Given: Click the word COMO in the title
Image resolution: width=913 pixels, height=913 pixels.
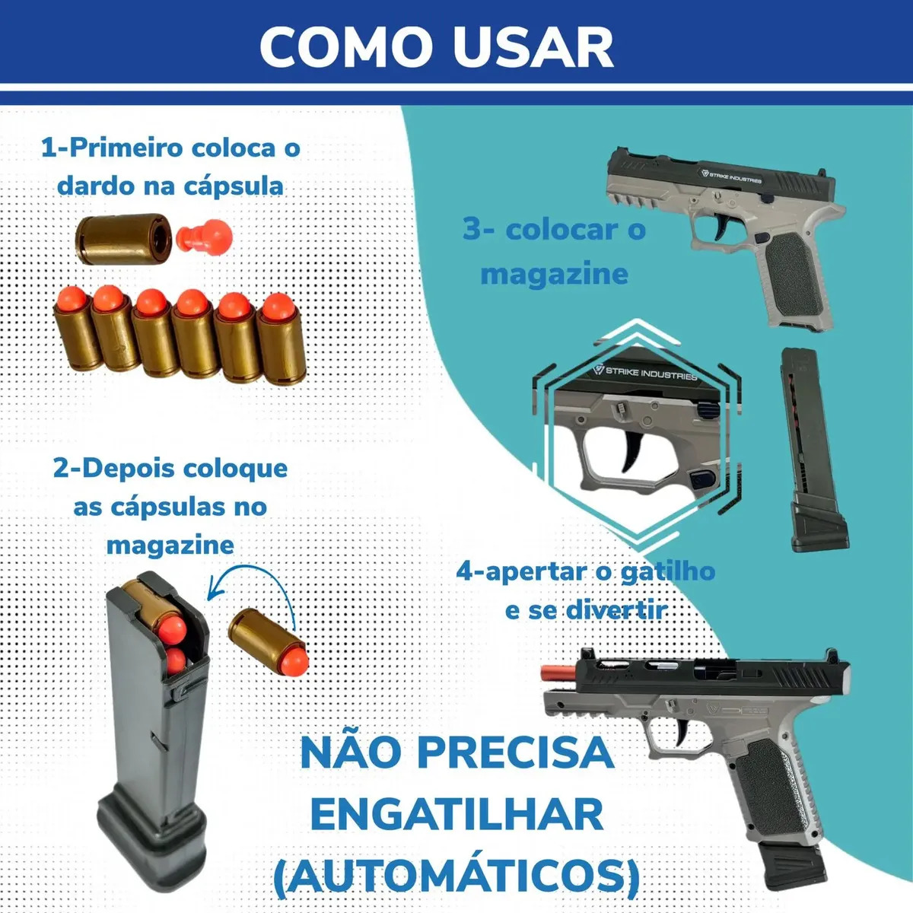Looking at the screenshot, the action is [x=346, y=48].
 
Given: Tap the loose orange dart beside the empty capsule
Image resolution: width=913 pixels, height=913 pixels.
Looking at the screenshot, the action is [x=204, y=235].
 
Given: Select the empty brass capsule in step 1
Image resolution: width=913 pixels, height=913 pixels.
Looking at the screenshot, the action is [x=122, y=238].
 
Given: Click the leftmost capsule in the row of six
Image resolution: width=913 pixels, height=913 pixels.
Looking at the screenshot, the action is [x=76, y=328].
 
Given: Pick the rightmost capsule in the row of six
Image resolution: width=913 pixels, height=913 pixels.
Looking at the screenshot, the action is [x=282, y=339].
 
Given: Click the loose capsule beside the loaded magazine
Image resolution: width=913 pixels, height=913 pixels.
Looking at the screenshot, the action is [x=268, y=641].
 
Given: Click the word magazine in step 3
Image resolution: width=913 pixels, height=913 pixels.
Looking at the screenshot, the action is [x=555, y=274].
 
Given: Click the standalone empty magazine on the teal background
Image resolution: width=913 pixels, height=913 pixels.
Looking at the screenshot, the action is [x=814, y=450].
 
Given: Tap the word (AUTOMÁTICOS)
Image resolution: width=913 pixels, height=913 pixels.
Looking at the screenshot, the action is [x=456, y=876].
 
